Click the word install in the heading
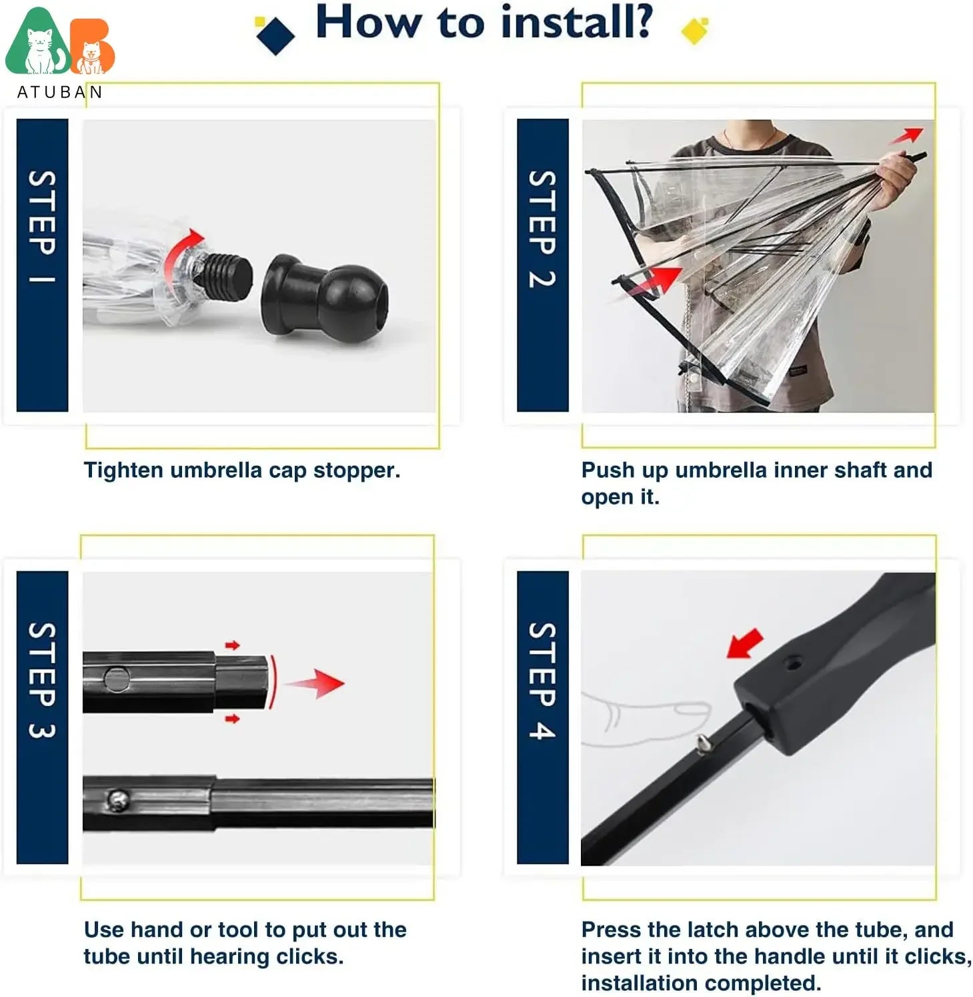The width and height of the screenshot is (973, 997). click(x=576, y=23)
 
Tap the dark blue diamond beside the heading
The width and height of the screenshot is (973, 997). click(x=275, y=35)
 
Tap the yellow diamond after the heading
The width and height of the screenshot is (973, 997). click(x=694, y=30)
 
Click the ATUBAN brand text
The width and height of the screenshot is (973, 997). click(x=60, y=92)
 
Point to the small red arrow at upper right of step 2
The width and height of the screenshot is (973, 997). click(x=908, y=135)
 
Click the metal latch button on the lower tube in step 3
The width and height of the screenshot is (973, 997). click(x=118, y=799)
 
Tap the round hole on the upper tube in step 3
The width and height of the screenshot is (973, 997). click(x=117, y=679)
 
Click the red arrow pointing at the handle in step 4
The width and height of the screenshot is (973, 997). click(x=745, y=643)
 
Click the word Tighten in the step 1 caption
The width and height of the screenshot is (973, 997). click(x=123, y=470)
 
